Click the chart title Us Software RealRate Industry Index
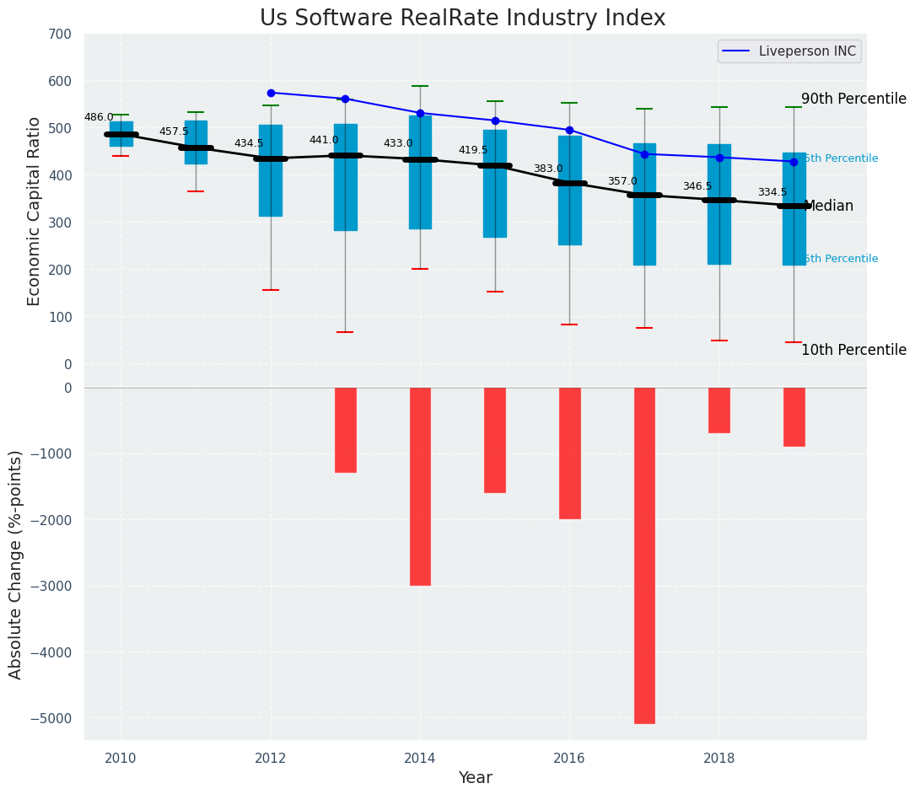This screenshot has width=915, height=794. coord(462,19)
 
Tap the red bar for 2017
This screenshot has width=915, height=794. coord(644,555)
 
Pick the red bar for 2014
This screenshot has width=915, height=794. coord(420,486)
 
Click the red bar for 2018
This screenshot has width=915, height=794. coord(719,410)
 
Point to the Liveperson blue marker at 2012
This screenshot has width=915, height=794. coord(271,93)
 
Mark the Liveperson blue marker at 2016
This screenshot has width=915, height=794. coord(569,130)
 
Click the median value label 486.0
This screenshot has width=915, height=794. coord(99,118)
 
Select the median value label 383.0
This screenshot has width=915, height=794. coord(547,169)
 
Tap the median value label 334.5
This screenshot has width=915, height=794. coord(772,193)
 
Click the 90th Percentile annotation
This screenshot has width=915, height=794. coord(853,99)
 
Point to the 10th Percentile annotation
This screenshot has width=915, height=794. coord(853,351)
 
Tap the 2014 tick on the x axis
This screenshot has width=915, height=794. coord(420,758)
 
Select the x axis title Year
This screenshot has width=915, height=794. coord(475,778)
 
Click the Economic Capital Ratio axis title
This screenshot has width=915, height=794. coord(35,211)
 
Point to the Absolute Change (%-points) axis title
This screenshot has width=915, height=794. coord(16,564)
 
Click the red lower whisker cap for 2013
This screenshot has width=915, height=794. coord(345,332)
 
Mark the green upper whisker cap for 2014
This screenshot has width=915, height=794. coord(420,86)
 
